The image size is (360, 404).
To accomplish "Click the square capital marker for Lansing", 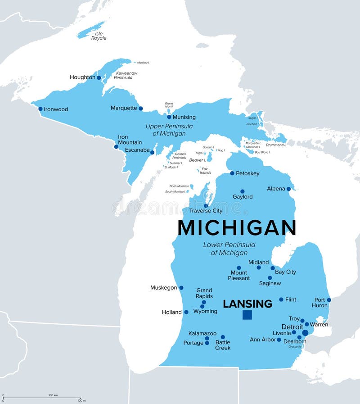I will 247,315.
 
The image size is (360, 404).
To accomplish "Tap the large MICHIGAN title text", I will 237,228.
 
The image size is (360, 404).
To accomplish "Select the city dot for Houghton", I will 99,77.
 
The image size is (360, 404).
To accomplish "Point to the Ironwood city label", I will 56,109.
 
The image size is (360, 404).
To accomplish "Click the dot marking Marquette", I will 140,108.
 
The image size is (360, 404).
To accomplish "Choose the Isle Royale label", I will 99,36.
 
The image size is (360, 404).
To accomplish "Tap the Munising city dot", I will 169,117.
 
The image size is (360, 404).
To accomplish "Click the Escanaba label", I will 137,150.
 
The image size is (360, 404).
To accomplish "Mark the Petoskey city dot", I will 232,173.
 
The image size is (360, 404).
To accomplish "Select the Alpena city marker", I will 288,189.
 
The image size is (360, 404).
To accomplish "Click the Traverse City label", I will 206,211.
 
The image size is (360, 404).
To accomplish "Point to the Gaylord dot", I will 242,191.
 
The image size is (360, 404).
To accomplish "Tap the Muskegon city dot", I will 181,287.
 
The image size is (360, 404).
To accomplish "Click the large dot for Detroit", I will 305,333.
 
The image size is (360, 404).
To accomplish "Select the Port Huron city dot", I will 329,300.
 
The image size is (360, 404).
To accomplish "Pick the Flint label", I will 291,300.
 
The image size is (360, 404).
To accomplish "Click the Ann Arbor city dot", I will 279,340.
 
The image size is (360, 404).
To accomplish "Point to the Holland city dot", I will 186,312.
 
